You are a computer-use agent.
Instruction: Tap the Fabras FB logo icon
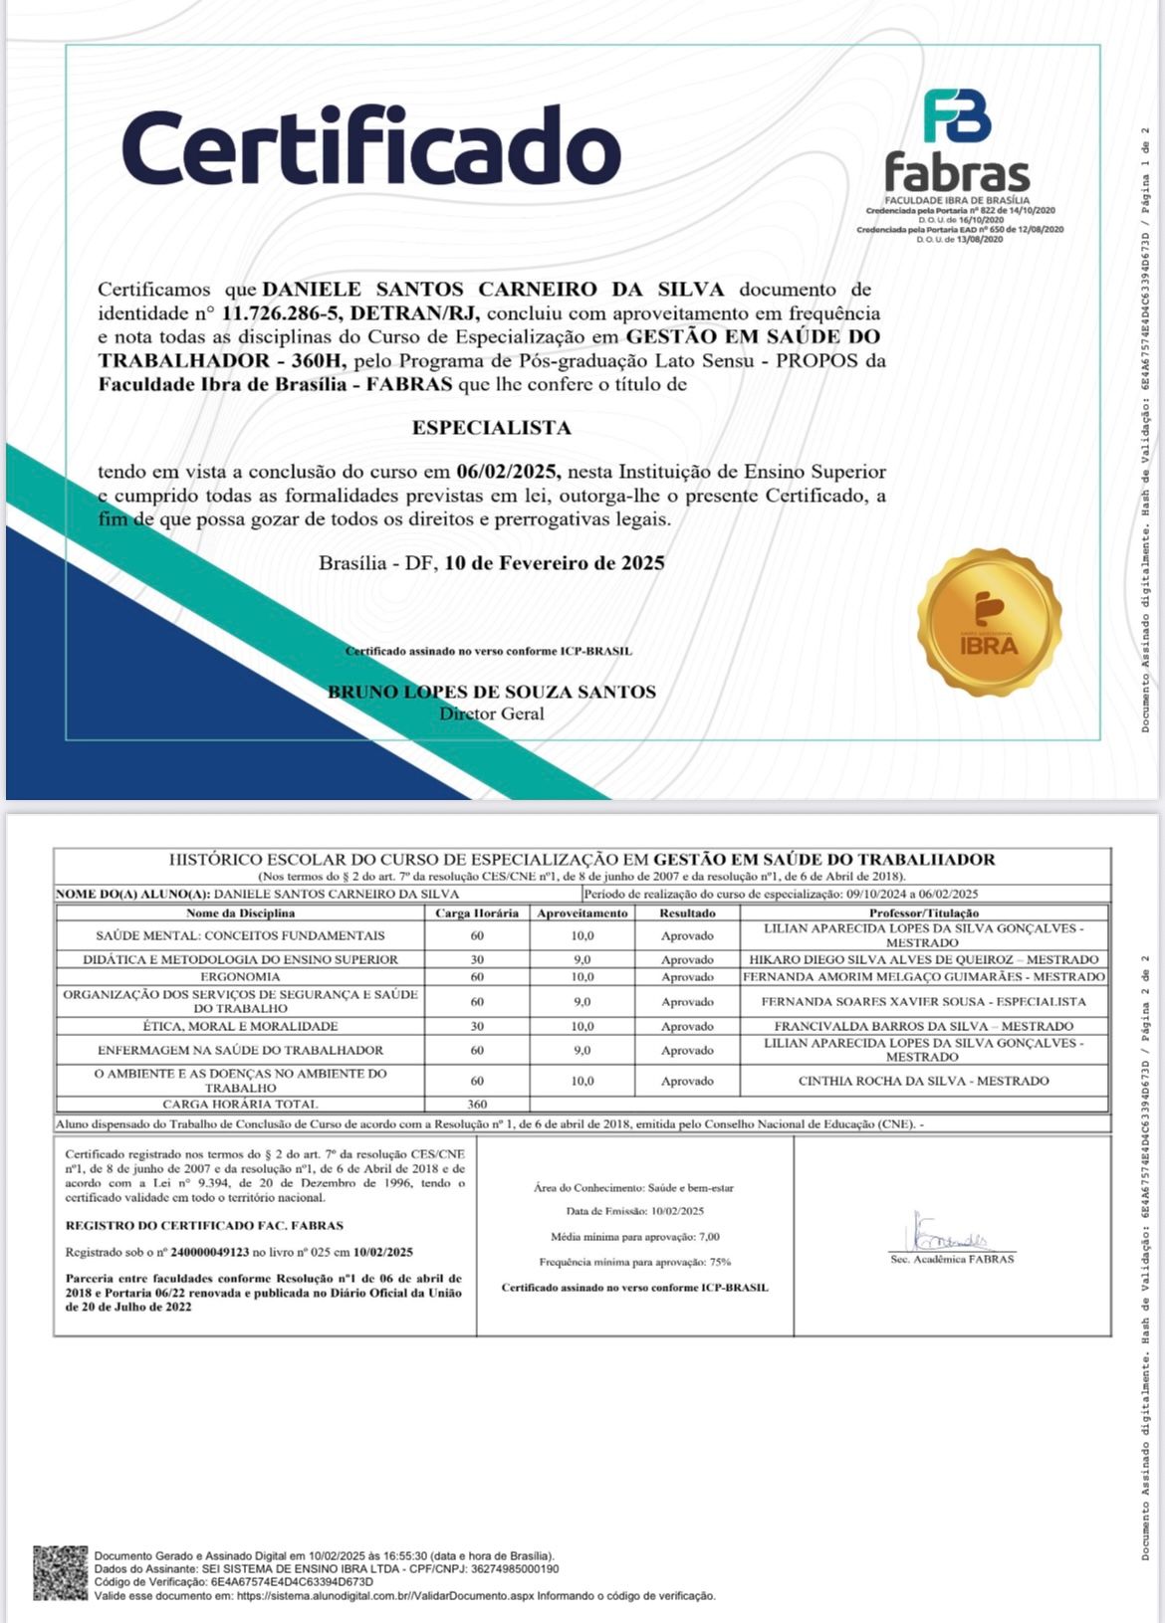click(x=957, y=116)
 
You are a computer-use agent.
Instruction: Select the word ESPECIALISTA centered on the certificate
click(x=492, y=428)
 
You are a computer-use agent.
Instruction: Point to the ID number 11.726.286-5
click(x=283, y=312)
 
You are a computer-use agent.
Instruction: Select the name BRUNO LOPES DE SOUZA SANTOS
click(x=492, y=692)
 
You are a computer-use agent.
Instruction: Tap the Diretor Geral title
click(x=492, y=713)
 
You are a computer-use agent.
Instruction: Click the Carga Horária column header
click(x=477, y=913)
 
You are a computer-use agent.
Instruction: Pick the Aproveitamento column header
click(x=582, y=913)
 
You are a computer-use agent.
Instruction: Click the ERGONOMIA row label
click(x=240, y=977)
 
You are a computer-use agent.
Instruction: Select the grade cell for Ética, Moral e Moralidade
click(x=582, y=1026)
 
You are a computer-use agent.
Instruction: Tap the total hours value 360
click(x=477, y=1104)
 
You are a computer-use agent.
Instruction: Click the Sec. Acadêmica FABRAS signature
click(x=951, y=1239)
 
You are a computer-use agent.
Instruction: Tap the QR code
click(x=61, y=1573)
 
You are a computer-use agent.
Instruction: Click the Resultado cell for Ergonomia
click(x=687, y=977)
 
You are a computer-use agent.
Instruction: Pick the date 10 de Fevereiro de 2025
click(x=555, y=563)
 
